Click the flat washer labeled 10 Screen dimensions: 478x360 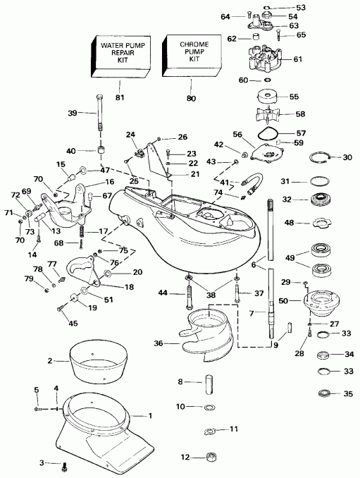pyautogui.click(x=209, y=408)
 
